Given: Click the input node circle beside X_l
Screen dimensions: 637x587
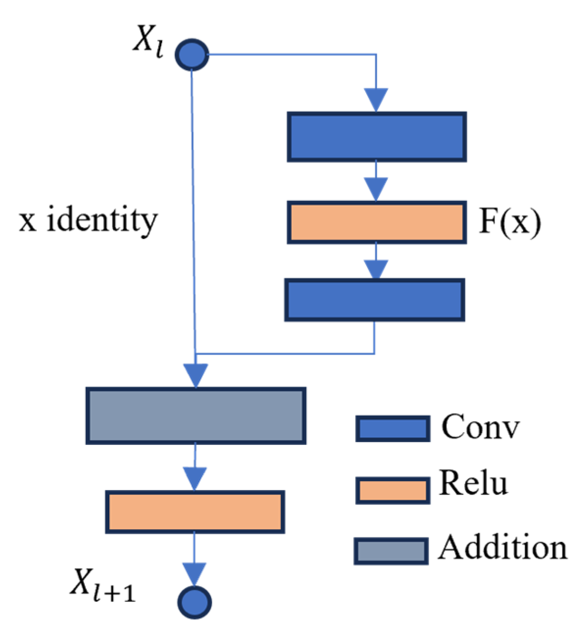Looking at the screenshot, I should click(192, 54).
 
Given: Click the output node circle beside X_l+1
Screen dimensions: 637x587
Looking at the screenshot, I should click(195, 602).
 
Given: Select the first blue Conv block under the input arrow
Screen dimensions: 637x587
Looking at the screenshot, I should click(376, 137).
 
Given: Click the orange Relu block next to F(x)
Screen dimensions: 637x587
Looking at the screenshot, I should click(376, 222).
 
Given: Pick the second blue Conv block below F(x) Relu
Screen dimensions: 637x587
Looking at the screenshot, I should click(374, 300).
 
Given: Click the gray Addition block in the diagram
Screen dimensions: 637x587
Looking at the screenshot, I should click(196, 416).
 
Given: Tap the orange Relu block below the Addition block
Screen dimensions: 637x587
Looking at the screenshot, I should click(195, 512).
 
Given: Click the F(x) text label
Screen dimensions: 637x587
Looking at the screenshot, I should click(510, 222).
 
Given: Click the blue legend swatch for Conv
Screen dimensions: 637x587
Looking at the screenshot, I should click(392, 429).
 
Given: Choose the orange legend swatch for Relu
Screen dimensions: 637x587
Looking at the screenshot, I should click(392, 490).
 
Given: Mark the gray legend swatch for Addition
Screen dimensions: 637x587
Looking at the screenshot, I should click(391, 551).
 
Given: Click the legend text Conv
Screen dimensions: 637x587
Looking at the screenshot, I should click(480, 427).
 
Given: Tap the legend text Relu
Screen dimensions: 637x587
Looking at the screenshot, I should click(473, 483).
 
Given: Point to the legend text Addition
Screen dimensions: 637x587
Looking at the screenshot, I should click(502, 547).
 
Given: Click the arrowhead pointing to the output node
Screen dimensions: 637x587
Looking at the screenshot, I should click(195, 574).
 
